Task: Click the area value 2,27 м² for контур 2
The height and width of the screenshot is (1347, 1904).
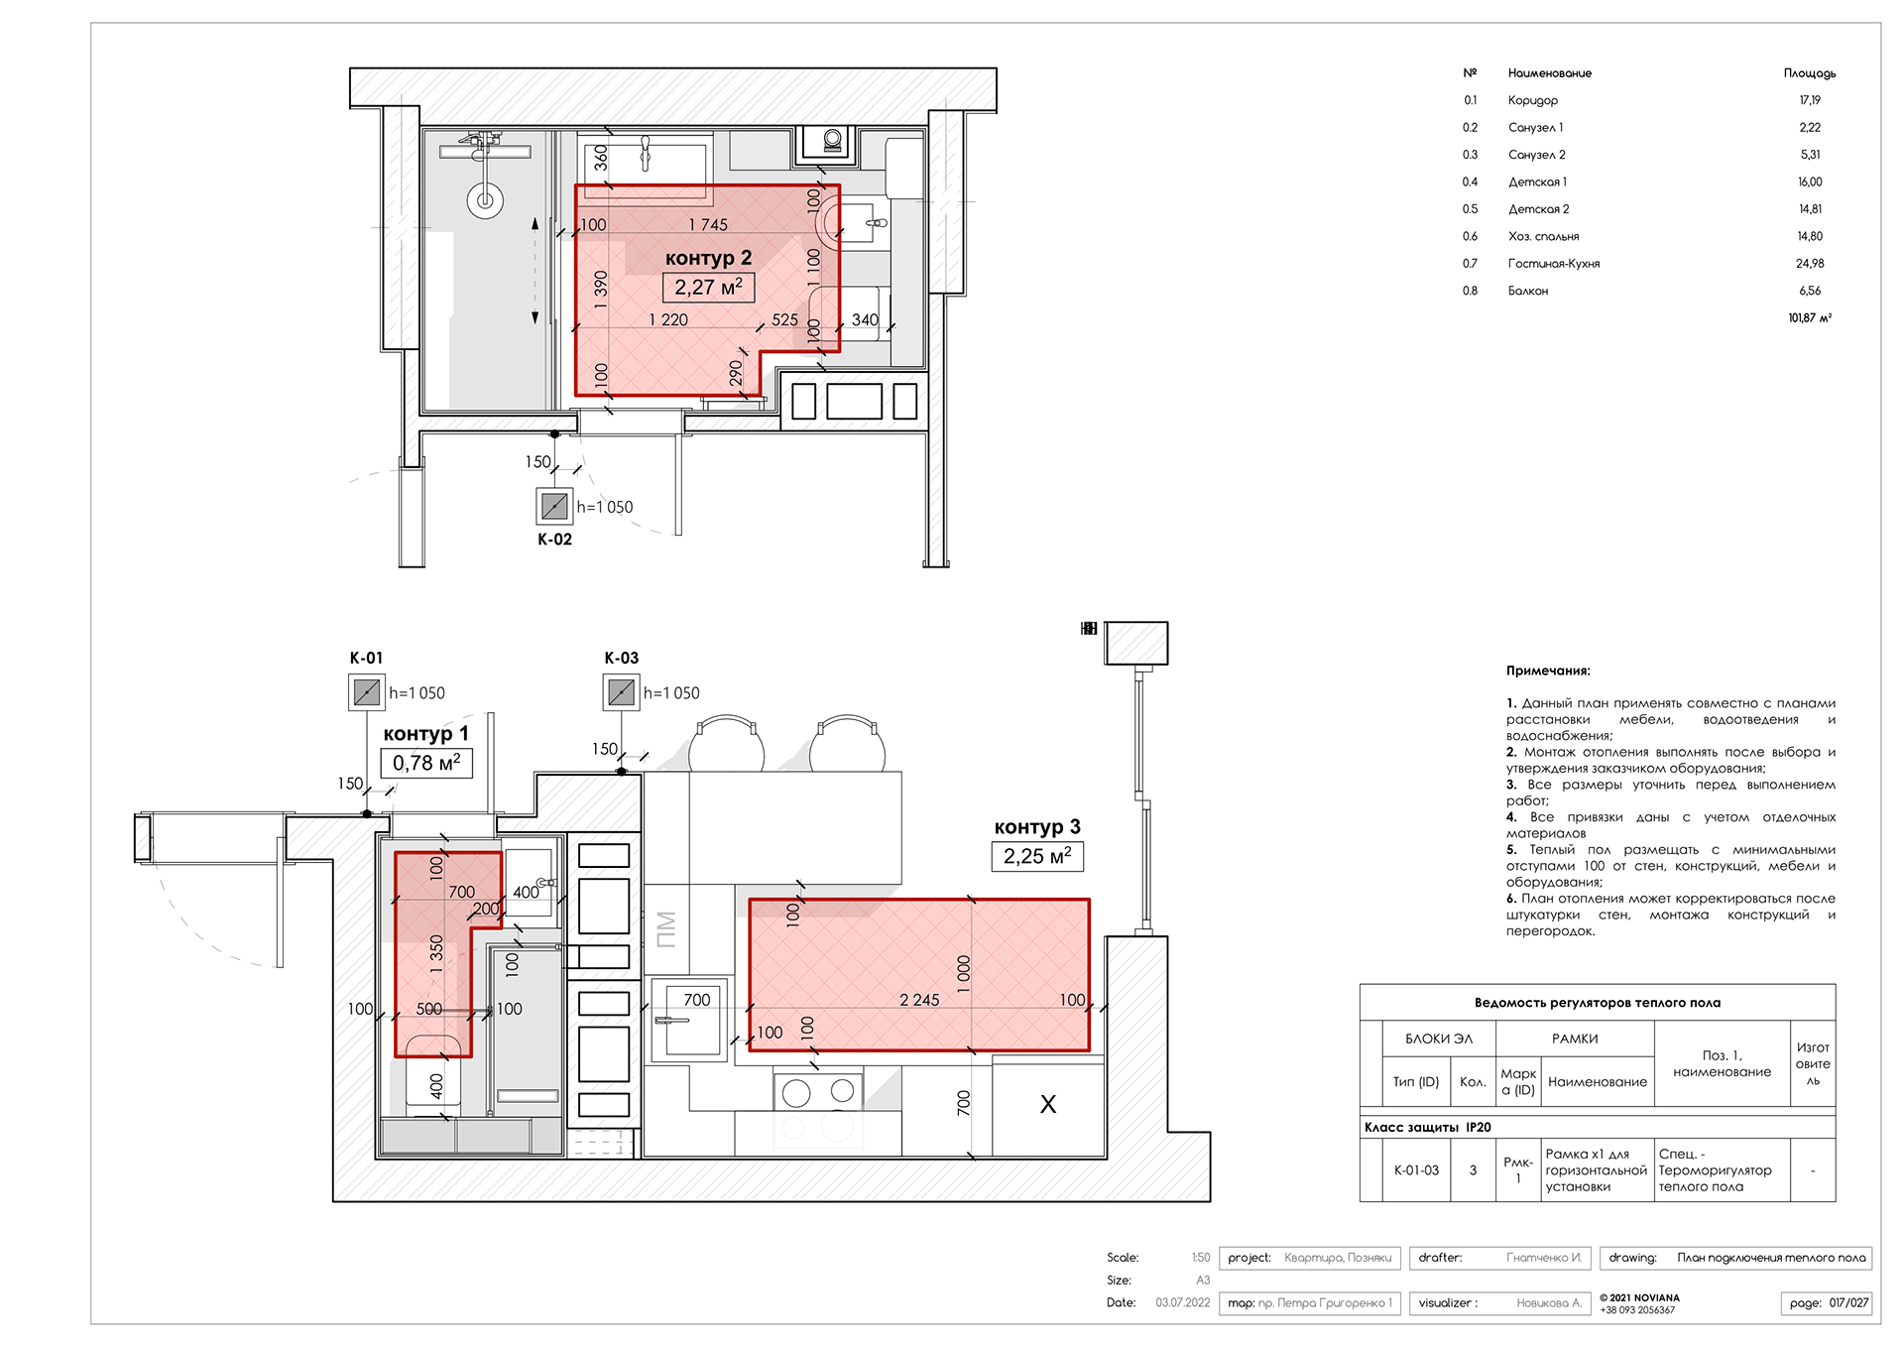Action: coord(708,288)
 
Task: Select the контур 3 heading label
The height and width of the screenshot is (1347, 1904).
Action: coord(1037,827)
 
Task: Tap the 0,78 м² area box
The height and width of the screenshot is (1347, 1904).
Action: coord(426,763)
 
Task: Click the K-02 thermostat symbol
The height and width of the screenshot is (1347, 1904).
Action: coord(554,506)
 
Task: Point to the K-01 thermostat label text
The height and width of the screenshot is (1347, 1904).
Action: coord(366,658)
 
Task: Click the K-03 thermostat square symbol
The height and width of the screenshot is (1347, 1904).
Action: coord(621,691)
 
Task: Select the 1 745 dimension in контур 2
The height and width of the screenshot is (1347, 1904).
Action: coord(708,225)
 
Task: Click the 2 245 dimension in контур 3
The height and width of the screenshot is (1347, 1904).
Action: coord(919,1000)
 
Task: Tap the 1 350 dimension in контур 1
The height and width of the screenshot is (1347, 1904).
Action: coord(435,953)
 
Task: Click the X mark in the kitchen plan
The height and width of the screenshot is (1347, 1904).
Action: coord(1048,1104)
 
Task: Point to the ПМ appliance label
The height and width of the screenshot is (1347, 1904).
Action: coord(666,929)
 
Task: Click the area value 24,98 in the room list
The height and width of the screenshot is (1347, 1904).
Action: coord(1810,264)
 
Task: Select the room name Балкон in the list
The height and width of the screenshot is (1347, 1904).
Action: coord(1528,291)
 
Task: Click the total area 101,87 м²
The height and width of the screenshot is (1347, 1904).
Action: coord(1810,317)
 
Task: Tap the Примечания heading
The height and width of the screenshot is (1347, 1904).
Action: coord(1548,671)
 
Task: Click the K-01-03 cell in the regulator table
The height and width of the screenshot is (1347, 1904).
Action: coord(1416,1170)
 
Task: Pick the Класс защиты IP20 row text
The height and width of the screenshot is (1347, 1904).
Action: coord(1427,1127)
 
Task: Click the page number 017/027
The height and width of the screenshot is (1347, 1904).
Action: coord(1848,1302)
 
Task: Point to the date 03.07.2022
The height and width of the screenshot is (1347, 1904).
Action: coord(1182,1302)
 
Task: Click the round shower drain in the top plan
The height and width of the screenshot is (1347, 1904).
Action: coord(485,200)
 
